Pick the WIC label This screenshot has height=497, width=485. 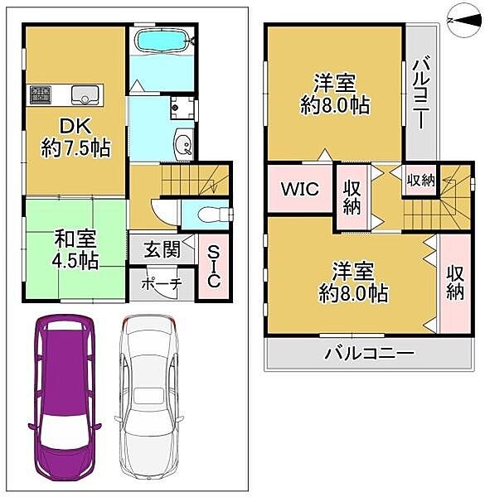click(299, 188)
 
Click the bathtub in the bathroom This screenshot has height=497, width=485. click(162, 39)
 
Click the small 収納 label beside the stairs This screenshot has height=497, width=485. click(419, 179)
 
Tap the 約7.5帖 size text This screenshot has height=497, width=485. click(76, 149)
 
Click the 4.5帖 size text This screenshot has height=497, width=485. click(76, 260)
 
